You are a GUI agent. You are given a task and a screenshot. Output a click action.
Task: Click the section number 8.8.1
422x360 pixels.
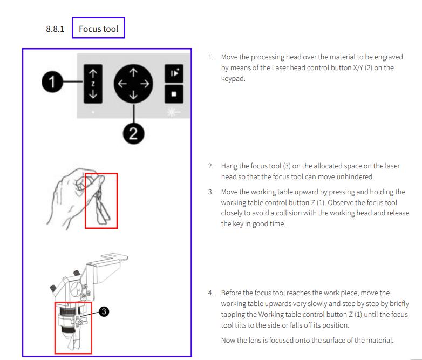tap(55, 29)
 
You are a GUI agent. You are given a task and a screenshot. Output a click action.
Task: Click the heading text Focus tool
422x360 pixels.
tap(98, 29)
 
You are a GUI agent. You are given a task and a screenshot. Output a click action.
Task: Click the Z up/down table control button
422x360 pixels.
tap(93, 83)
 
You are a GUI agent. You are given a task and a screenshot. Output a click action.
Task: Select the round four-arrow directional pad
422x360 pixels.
tap(133, 85)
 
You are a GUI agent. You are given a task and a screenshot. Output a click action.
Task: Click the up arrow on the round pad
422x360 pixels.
tap(133, 71)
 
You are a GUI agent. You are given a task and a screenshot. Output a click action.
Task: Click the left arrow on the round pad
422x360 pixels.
tap(121, 85)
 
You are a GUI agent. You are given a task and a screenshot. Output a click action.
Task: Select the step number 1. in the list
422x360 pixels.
tap(211, 57)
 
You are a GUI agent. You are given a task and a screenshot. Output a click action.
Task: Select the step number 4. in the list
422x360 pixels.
tap(211, 293)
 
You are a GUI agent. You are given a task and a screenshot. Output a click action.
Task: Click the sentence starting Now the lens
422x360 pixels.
tap(307, 340)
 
